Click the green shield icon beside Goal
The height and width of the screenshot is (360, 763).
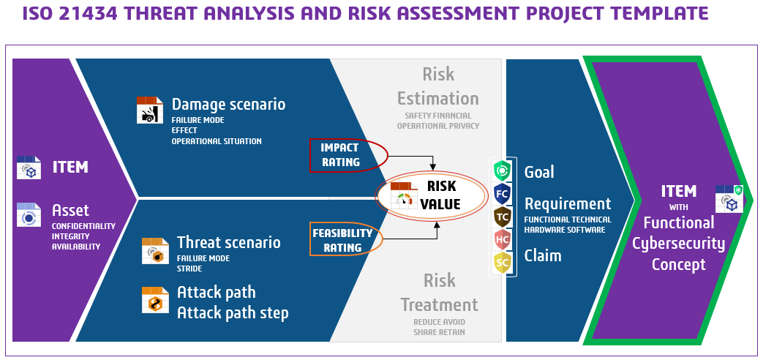pyautogui.click(x=502, y=171)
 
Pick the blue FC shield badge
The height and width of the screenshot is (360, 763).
pyautogui.click(x=502, y=194)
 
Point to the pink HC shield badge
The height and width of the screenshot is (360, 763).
pyautogui.click(x=502, y=239)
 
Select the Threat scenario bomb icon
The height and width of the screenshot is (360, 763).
pyautogui.click(x=155, y=251)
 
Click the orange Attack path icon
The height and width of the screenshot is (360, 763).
pyautogui.click(x=155, y=300)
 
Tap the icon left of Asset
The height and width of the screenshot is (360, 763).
pyautogui.click(x=29, y=214)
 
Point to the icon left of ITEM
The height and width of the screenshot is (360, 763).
pyautogui.click(x=29, y=168)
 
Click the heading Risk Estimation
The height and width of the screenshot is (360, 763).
pyautogui.click(x=438, y=86)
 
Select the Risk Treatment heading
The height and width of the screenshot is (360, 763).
pyautogui.click(x=440, y=293)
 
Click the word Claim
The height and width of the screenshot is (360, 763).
pyautogui.click(x=543, y=255)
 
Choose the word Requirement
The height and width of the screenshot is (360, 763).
pyautogui.click(x=568, y=204)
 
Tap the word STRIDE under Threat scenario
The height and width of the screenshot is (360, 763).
pyautogui.click(x=189, y=269)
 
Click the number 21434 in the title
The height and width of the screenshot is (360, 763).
pyautogui.click(x=89, y=13)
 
